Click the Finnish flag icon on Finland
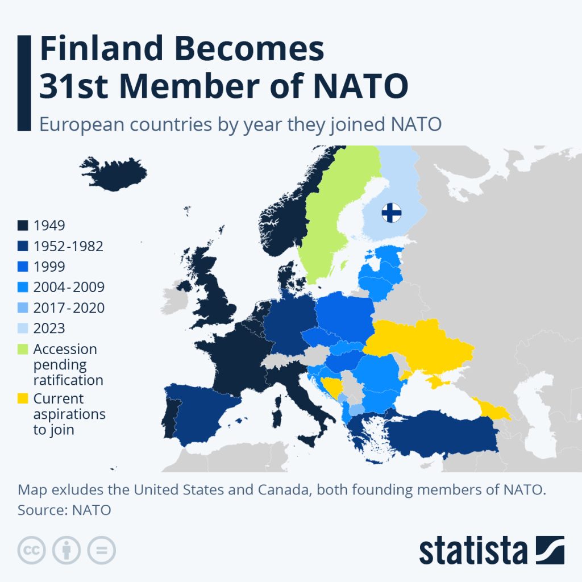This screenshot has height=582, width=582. (391, 213)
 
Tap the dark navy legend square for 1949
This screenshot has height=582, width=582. (23, 226)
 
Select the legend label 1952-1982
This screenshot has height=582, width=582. (68, 246)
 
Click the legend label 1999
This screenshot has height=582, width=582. (49, 267)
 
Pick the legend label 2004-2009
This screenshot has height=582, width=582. (69, 287)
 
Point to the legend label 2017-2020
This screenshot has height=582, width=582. (69, 307)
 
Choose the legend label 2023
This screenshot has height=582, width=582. (49, 328)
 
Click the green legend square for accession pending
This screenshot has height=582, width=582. (23, 349)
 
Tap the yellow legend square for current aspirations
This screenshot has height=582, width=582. (23, 398)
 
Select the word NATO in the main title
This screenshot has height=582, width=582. (361, 87)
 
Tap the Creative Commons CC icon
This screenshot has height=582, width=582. (32, 550)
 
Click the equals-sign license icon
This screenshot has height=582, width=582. (101, 550)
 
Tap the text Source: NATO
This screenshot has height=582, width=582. (64, 510)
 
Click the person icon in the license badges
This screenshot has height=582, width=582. (66, 550)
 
